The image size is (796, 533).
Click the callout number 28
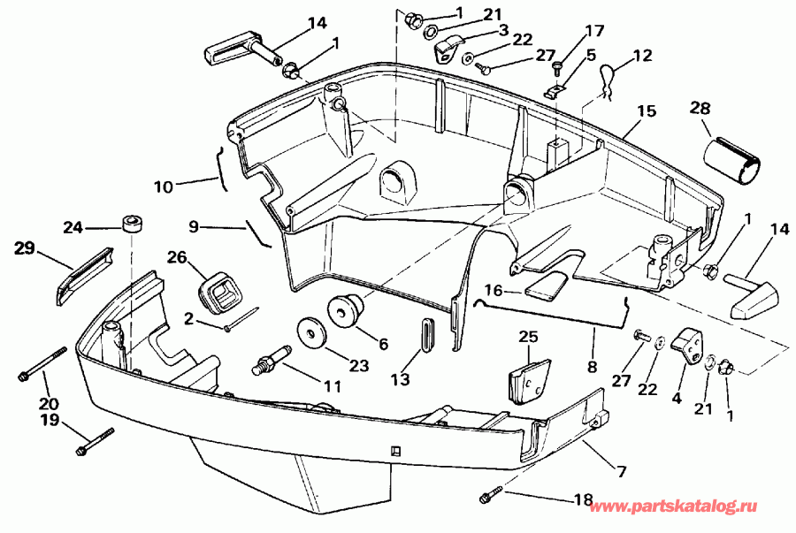click(x=700, y=109)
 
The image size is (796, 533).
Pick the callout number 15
click(x=647, y=112)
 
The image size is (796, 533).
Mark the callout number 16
click(x=492, y=289)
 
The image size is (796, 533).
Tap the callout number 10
click(x=164, y=187)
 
